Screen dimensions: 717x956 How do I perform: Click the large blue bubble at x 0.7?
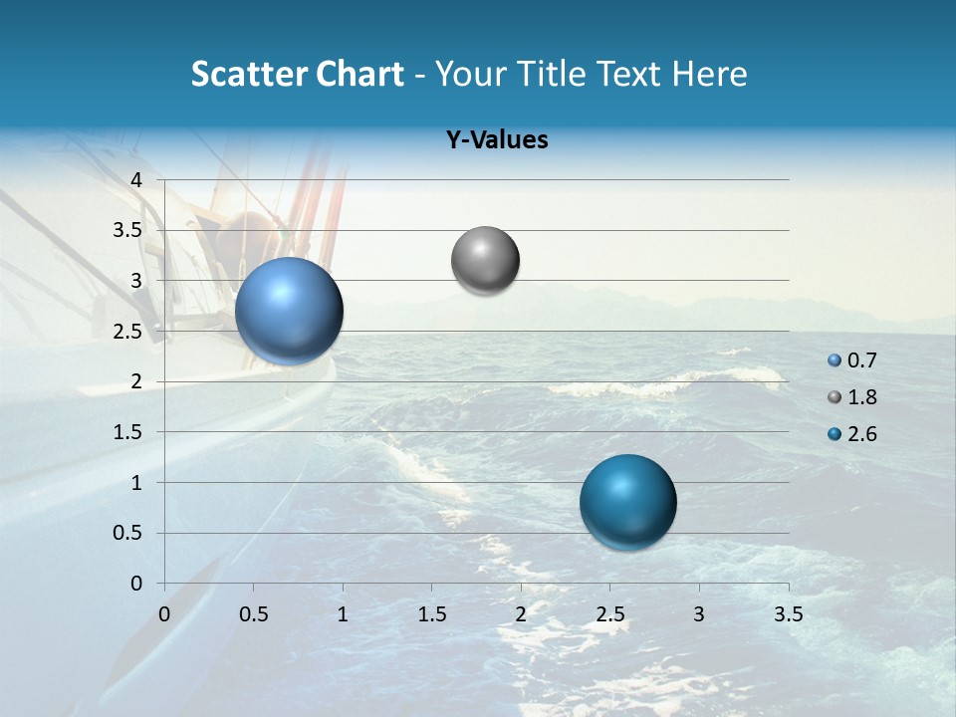[x=290, y=311]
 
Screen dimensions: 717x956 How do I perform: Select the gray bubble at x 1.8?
[x=485, y=260]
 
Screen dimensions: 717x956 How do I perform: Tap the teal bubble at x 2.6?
[x=627, y=502]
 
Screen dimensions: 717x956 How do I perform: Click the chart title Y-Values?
[x=496, y=140]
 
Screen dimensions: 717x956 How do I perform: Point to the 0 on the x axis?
[x=165, y=613]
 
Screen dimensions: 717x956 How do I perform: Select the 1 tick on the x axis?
[x=343, y=613]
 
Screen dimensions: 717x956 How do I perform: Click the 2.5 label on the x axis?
[x=609, y=613]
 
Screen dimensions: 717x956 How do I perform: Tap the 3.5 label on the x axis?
[x=788, y=613]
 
